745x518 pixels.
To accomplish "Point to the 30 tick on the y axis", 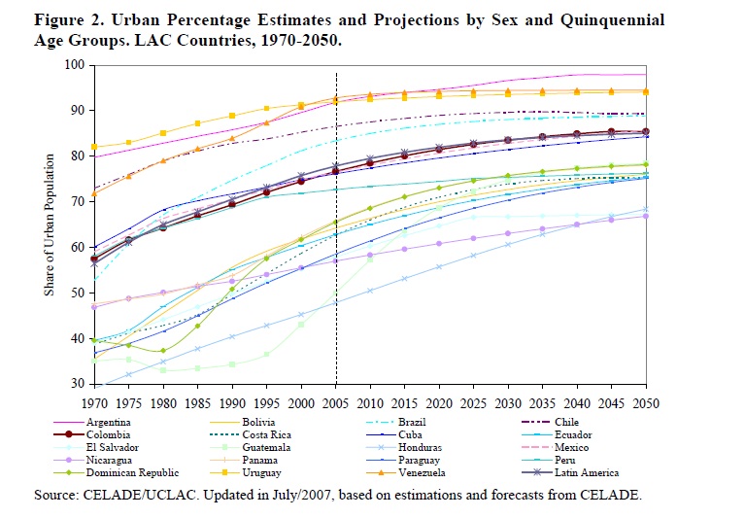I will pos(75,385).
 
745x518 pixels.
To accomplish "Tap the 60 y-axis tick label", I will pos(75,248).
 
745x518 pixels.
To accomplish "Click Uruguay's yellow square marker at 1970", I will pos(94,147).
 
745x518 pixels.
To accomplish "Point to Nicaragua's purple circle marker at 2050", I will pos(646,216).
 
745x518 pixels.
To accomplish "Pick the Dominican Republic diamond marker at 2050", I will pos(646,164).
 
